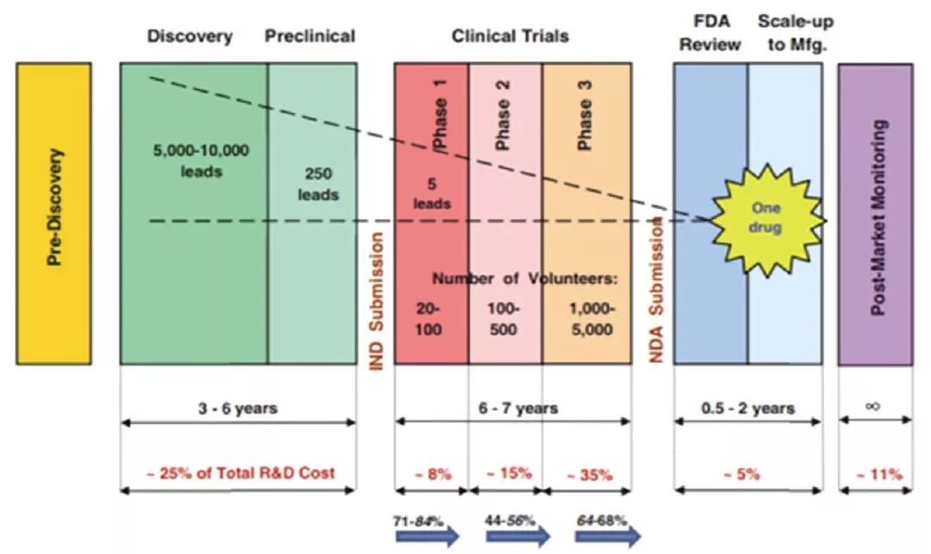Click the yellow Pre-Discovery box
pyautogui.click(x=53, y=214)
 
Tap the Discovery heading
pyautogui.click(x=190, y=36)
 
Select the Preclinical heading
pyautogui.click(x=309, y=36)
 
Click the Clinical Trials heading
pyautogui.click(x=510, y=36)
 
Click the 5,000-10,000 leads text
pyautogui.click(x=201, y=161)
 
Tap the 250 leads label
pyautogui.click(x=318, y=184)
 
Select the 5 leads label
pyautogui.click(x=432, y=193)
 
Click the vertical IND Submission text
pyautogui.click(x=377, y=301)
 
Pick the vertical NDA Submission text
pyautogui.click(x=655, y=290)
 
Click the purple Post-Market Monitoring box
pyautogui.click(x=876, y=215)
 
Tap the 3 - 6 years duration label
pyautogui.click(x=238, y=408)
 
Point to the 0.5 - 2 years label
pyautogui.click(x=747, y=408)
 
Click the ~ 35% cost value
pyautogui.click(x=589, y=475)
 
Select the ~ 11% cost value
pyautogui.click(x=879, y=474)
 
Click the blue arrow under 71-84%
pyautogui.click(x=427, y=537)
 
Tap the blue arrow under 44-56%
pyautogui.click(x=517, y=537)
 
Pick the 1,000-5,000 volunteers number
pyautogui.click(x=591, y=319)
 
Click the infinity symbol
pyautogui.click(x=872, y=407)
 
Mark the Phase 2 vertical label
pyautogui.click(x=503, y=115)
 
